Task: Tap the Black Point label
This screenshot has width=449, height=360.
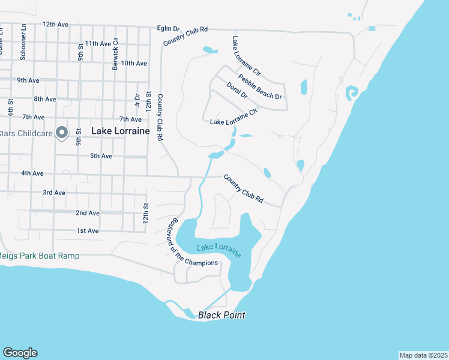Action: tap(221, 315)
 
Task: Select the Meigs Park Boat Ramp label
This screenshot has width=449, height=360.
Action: tap(39, 256)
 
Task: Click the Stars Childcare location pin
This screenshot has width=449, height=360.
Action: tap(62, 132)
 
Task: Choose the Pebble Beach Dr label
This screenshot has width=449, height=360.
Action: tap(260, 86)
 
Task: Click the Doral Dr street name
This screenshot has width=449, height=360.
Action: tap(237, 91)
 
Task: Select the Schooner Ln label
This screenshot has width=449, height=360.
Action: tap(23, 41)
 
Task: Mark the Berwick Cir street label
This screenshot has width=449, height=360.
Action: tap(115, 54)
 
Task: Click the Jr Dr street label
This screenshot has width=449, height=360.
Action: tap(137, 100)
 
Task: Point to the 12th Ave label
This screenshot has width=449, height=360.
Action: tap(55, 25)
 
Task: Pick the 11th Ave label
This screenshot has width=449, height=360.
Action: tap(98, 44)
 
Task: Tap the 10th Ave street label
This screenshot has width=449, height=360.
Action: tap(134, 63)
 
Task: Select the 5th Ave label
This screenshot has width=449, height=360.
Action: tap(101, 156)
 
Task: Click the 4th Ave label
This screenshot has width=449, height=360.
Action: tap(32, 173)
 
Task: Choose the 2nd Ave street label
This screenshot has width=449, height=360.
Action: tap(87, 213)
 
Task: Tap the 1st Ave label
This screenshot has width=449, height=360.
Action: tap(88, 231)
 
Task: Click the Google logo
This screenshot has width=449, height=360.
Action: tap(20, 353)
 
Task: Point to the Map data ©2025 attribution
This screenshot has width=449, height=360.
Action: tap(423, 355)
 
